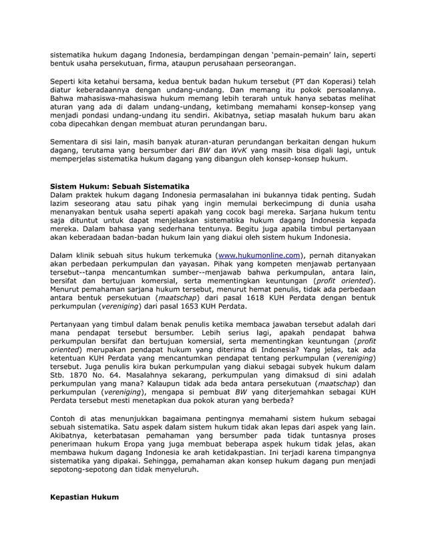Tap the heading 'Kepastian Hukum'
coord(84,498)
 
